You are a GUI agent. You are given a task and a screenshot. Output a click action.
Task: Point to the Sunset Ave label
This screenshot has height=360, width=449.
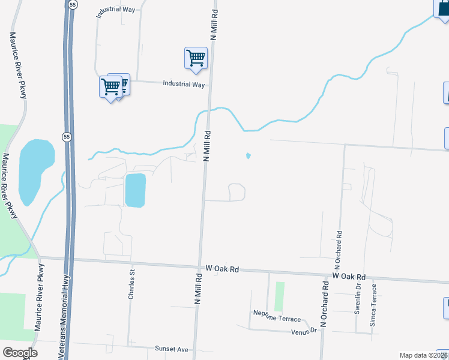[172, 349]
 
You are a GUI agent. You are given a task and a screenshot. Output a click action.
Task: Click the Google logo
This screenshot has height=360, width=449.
[20, 353]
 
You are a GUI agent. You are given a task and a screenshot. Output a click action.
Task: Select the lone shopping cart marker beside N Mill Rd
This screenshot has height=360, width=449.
[196, 58]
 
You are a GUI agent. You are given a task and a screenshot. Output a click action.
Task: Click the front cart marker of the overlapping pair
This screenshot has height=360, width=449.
[111, 87]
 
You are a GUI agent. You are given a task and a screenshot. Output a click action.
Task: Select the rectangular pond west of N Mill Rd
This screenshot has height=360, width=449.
[135, 190]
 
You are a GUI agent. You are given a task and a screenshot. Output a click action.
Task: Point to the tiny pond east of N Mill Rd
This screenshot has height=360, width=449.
[248, 157]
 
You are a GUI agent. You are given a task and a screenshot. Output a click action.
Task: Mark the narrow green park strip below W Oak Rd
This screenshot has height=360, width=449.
[279, 296]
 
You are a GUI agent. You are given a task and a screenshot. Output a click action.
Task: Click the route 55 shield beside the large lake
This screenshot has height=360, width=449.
[67, 136]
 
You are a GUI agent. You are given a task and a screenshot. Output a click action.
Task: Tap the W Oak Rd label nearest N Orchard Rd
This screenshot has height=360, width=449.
[349, 277]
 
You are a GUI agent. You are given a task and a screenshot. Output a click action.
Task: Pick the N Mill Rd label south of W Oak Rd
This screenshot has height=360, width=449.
[197, 289]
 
